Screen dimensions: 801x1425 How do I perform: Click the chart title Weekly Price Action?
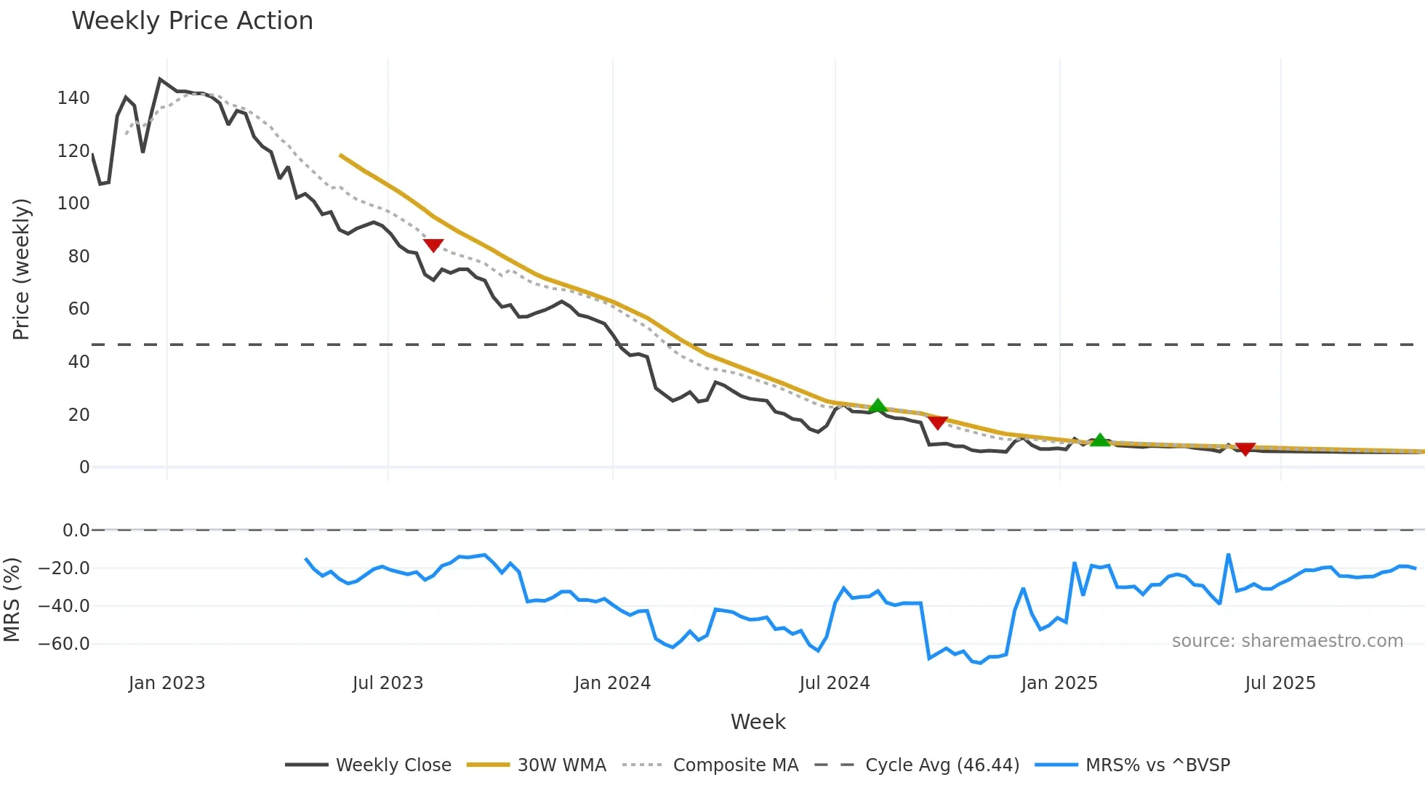coord(192,21)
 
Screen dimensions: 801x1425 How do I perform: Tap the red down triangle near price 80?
coord(433,246)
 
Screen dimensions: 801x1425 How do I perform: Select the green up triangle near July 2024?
coord(878,406)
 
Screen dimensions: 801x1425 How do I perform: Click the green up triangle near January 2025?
coord(1100,440)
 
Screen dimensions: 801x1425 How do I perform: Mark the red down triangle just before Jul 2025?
coord(1245,449)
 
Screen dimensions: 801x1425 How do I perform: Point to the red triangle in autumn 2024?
coord(938,422)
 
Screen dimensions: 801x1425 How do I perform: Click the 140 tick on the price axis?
coord(73,98)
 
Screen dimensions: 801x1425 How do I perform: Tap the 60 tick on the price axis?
coord(79,309)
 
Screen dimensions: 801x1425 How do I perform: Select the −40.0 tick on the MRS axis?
coord(64,606)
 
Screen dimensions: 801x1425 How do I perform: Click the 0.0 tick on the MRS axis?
coord(76,531)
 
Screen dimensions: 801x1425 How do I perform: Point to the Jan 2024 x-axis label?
coord(612,683)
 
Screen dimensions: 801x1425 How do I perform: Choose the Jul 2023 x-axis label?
coord(388,683)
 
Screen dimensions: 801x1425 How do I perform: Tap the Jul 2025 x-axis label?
coord(1280,683)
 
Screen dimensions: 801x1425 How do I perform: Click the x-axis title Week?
coord(758,722)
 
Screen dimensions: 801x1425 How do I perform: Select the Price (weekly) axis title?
coord(21,269)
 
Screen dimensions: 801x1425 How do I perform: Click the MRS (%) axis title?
coord(12,600)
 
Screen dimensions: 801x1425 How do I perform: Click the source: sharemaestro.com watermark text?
coord(1287,641)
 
